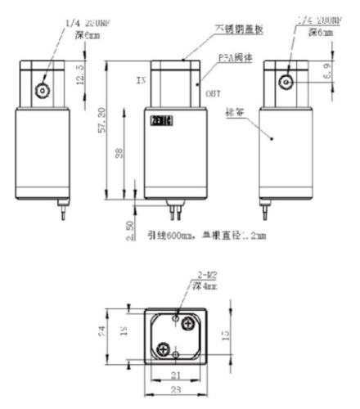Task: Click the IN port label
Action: pos(141,81)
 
